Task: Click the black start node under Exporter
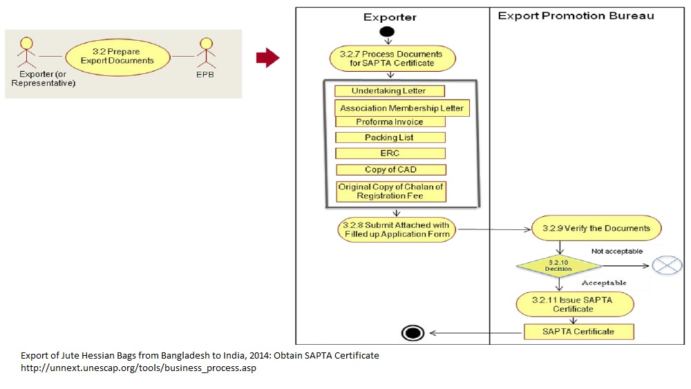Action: [387, 32]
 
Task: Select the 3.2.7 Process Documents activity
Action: [392, 58]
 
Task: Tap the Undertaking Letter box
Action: [389, 91]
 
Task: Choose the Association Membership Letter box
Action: [401, 108]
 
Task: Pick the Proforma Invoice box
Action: [390, 122]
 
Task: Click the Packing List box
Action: [390, 137]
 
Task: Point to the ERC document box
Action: [390, 153]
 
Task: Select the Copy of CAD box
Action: [390, 169]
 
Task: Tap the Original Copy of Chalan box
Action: [390, 191]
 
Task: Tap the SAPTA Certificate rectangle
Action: [578, 332]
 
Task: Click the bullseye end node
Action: [413, 333]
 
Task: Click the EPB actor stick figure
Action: [205, 53]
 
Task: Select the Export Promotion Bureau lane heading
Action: [576, 15]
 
